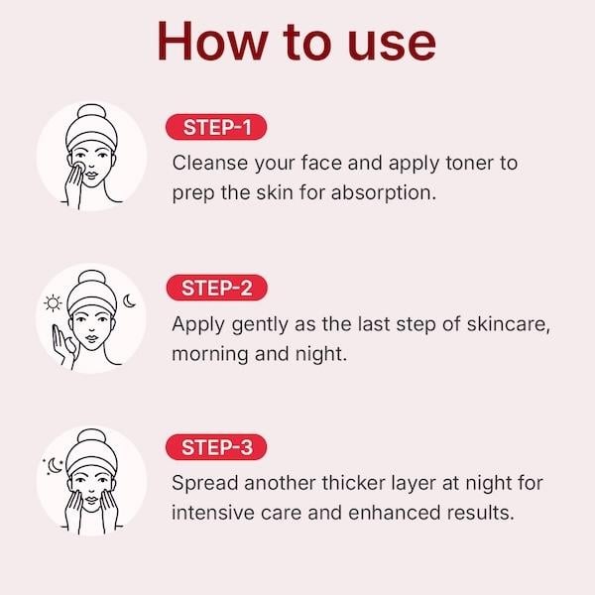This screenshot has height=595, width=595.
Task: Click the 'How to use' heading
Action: (x=297, y=42)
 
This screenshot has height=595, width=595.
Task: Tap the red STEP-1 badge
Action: (x=218, y=128)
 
